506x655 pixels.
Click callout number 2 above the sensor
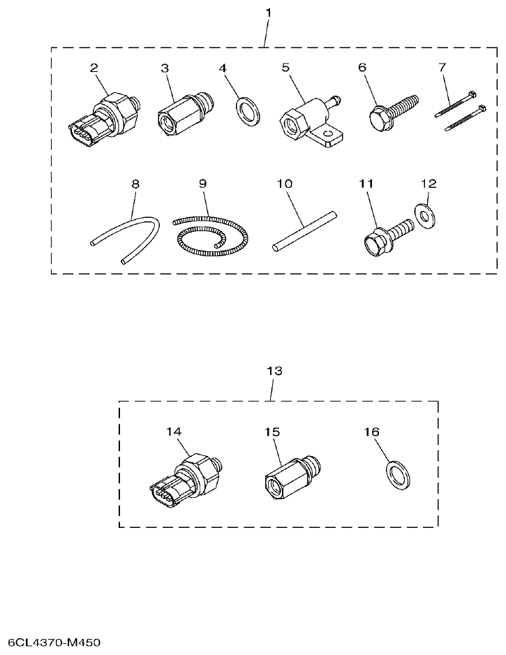click(94, 68)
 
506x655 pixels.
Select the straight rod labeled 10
click(304, 233)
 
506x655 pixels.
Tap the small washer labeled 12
click(424, 216)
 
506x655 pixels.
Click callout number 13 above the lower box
click(275, 371)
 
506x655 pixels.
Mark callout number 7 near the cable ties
click(441, 68)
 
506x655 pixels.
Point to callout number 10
click(283, 184)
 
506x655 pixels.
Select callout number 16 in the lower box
click(371, 432)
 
